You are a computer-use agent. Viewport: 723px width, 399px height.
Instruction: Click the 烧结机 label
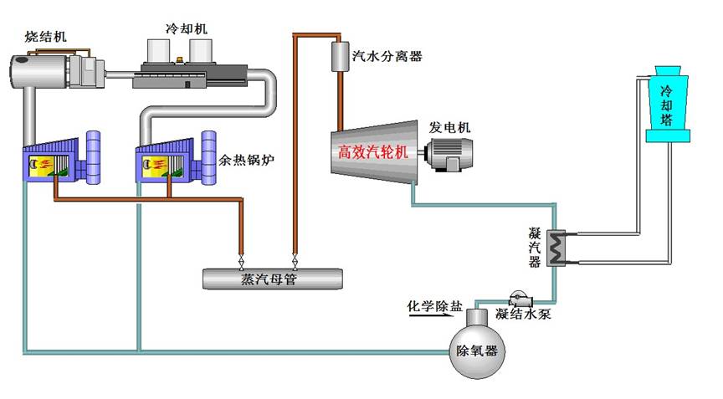(45, 37)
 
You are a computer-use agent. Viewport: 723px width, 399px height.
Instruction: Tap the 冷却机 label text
(187, 28)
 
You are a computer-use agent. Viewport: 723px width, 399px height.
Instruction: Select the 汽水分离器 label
(387, 57)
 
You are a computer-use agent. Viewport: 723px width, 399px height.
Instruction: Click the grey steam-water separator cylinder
(341, 56)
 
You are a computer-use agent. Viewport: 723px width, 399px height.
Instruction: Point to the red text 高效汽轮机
(373, 151)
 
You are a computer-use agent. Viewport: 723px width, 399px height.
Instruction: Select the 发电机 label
(449, 127)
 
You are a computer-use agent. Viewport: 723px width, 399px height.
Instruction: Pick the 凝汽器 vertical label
(535, 248)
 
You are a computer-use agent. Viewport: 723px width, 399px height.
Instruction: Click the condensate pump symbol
(520, 299)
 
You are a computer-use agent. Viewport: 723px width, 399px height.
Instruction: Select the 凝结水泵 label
(523, 315)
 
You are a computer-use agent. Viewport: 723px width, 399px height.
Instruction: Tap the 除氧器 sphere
(477, 350)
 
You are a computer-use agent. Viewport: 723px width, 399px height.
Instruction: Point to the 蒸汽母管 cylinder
(273, 279)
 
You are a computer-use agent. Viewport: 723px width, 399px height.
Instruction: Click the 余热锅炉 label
(246, 161)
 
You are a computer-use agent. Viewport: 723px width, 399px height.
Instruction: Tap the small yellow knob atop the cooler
(180, 60)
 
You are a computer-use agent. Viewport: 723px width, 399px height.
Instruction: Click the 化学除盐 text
(434, 305)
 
